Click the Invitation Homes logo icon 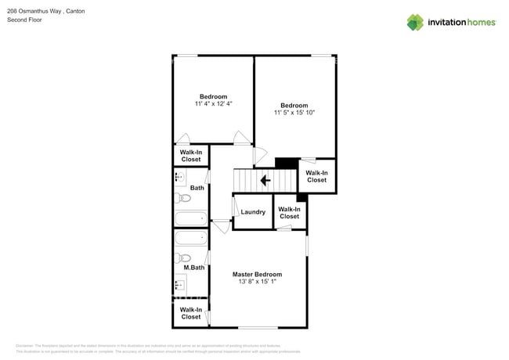415,22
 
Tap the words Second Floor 25,20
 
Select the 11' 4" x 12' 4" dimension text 214,103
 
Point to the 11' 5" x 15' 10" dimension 294,113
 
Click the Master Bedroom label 257,275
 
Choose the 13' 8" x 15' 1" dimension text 257,283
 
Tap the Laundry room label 253,212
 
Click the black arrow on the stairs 265,181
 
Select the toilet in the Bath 184,198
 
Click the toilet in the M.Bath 184,257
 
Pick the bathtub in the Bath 191,218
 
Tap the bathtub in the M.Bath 191,238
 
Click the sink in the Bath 180,178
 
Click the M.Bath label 194,268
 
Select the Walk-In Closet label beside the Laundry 289,213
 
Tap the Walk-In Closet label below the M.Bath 191,314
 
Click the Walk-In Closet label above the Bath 191,156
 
